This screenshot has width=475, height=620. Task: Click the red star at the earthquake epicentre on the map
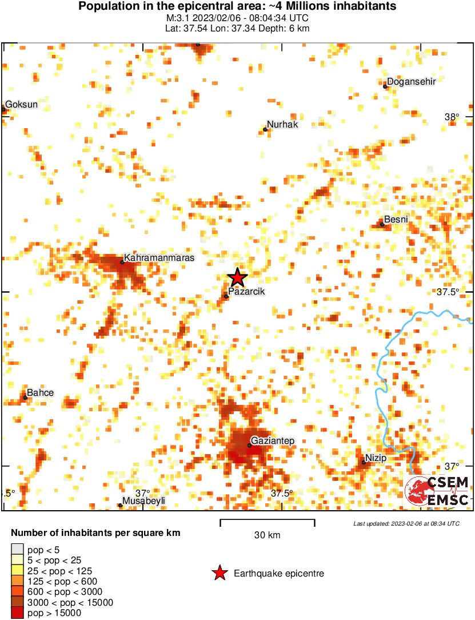pos(237,277)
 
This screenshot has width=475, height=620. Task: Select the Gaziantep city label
pos(274,440)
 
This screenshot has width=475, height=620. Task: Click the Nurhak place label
pos(282,125)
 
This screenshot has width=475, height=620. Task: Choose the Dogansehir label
pos(412,82)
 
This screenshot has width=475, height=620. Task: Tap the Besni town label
pos(396,220)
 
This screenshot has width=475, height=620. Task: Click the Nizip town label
pos(376,458)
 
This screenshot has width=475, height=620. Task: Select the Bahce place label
pos(40,392)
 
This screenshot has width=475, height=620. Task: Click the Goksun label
pos(21,105)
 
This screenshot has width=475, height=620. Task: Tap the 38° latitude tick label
pos(452,117)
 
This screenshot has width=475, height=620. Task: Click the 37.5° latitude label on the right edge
pos(448,292)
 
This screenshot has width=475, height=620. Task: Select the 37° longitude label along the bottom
pos(142,493)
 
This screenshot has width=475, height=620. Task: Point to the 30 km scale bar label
pos(267,535)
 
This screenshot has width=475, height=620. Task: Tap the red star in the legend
pos(218,573)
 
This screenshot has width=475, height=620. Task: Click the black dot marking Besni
pos(382,224)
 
